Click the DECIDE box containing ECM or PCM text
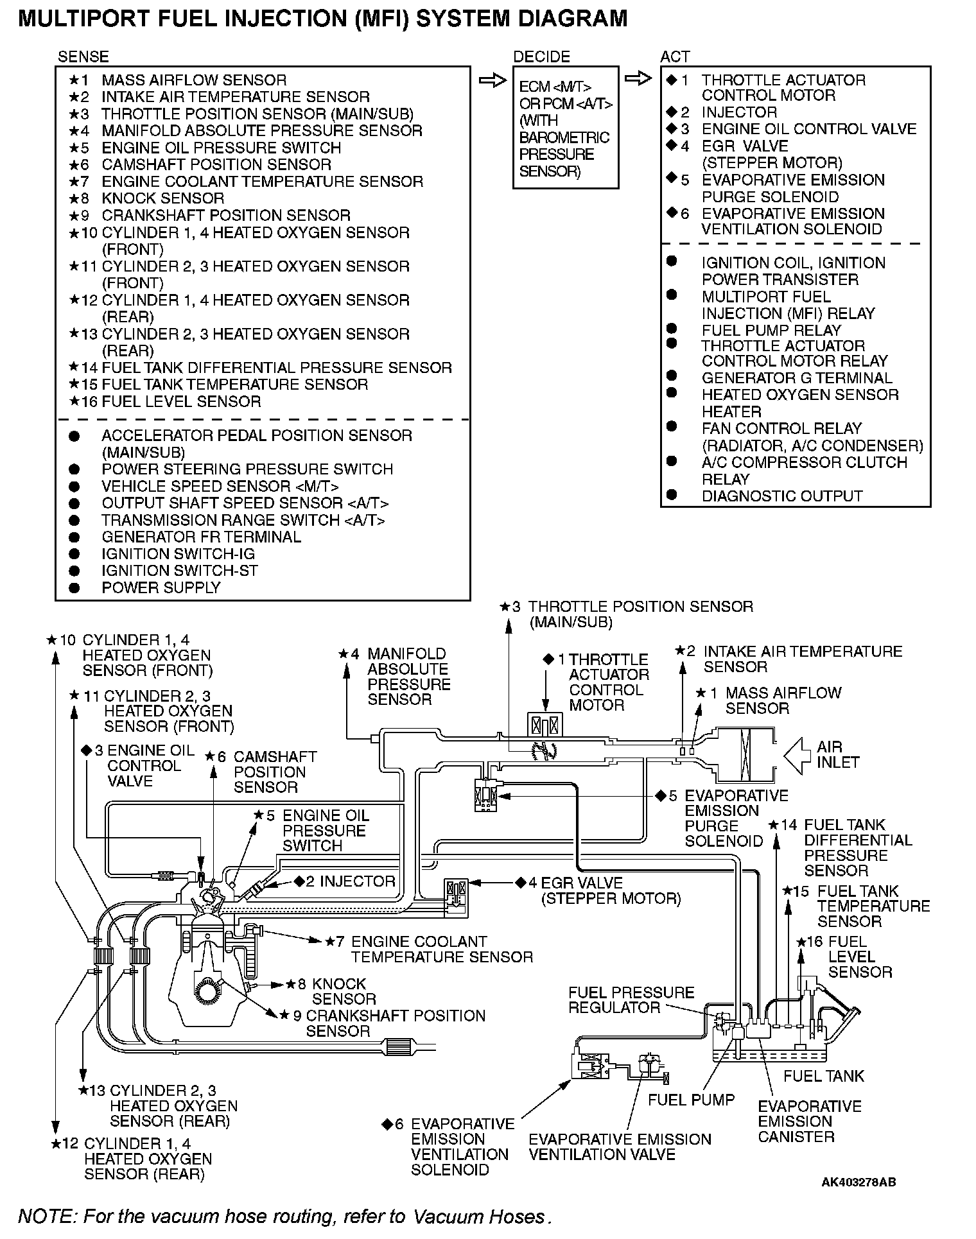(x=565, y=127)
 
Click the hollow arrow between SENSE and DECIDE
(x=492, y=81)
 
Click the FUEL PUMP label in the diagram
(x=690, y=1100)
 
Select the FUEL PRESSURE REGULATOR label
(x=631, y=1000)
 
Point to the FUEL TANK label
(x=824, y=1075)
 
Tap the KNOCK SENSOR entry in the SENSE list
(x=163, y=198)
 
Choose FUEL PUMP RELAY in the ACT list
(x=771, y=331)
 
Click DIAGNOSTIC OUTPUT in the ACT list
(x=782, y=496)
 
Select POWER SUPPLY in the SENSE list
(x=161, y=587)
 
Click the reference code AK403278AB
(x=858, y=1182)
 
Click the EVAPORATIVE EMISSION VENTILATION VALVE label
(x=620, y=1147)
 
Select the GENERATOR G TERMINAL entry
(x=797, y=378)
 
